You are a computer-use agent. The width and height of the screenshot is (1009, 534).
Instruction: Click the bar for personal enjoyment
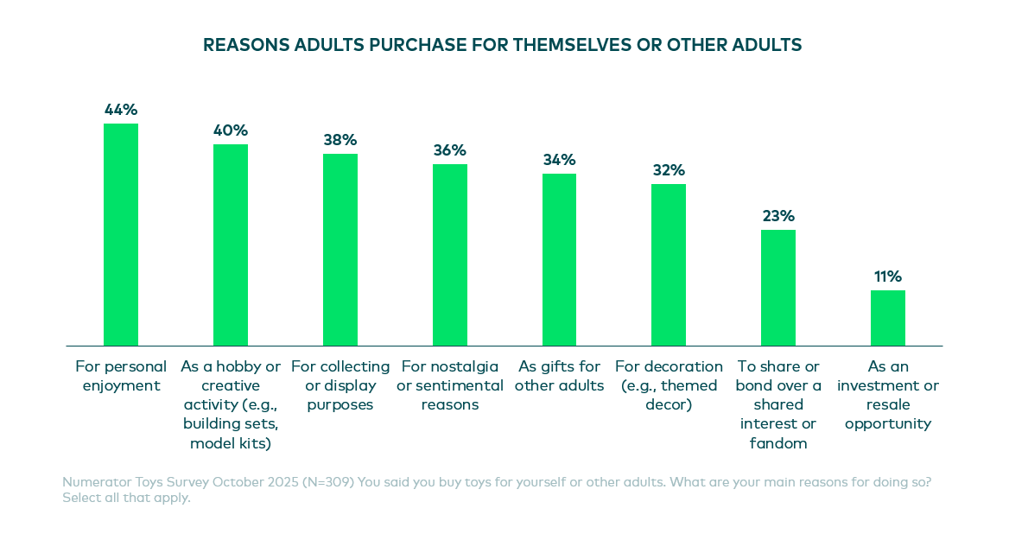coord(121,234)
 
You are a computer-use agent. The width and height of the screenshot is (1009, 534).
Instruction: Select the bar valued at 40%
coord(231,245)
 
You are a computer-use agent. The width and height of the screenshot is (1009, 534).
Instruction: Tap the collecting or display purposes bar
coord(340,250)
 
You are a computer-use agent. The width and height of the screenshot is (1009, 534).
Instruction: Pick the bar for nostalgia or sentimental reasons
coord(450,255)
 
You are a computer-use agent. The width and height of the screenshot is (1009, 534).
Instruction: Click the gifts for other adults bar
coord(559,259)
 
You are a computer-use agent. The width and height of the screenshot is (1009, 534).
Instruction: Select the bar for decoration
coord(669,264)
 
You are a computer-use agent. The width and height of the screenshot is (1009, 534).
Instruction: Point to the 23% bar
coord(778,288)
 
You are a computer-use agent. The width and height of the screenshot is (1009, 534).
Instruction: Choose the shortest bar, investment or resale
coord(888,318)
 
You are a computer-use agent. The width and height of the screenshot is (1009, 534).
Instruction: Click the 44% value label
coord(121,110)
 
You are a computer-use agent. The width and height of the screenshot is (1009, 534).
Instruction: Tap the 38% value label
coord(340,140)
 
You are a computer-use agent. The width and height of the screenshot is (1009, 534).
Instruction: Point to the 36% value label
coord(450,150)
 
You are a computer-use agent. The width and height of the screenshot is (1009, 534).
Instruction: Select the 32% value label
coord(669,170)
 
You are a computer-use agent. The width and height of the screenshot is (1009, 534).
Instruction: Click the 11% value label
coord(888,277)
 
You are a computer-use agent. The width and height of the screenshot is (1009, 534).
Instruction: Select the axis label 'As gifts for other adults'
coord(559,376)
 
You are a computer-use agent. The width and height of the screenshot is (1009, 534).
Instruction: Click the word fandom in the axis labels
coord(778,443)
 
